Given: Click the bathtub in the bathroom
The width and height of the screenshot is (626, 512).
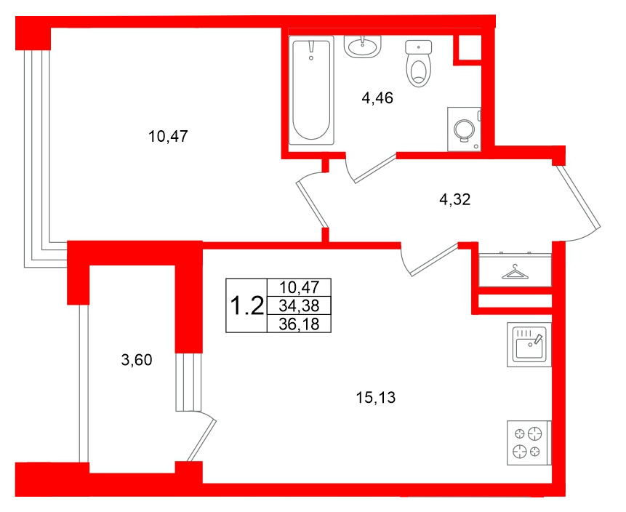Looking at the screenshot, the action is (x=311, y=90).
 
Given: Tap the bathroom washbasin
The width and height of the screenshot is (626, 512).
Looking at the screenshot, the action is (x=363, y=47).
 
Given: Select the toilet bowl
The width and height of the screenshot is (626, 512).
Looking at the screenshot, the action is (x=418, y=63).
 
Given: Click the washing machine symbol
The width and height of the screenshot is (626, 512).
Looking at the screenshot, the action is (x=465, y=129).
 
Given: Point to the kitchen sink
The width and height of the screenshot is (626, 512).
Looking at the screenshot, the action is (x=529, y=345).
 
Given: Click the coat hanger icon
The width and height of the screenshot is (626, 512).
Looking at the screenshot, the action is (x=515, y=271).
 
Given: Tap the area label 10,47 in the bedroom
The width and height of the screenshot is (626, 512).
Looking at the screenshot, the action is (x=168, y=137).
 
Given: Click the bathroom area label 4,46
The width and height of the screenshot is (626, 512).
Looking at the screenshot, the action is (x=377, y=97).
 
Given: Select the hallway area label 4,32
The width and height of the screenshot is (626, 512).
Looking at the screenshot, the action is (x=454, y=199).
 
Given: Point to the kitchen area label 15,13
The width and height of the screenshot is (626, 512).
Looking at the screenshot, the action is (x=375, y=397).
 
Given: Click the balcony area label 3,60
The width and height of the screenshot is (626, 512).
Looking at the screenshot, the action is (x=137, y=360).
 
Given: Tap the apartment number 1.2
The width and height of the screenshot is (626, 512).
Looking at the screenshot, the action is (x=247, y=306).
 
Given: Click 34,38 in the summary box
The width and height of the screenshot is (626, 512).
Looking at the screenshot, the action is (x=299, y=306).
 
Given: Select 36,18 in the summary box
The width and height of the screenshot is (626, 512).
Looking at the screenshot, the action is (x=299, y=324).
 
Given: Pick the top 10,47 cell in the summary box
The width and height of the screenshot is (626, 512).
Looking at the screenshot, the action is (x=299, y=287).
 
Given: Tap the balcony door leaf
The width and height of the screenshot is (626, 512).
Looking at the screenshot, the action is (x=201, y=440).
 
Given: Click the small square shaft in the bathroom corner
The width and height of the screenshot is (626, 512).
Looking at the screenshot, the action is (x=467, y=48).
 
